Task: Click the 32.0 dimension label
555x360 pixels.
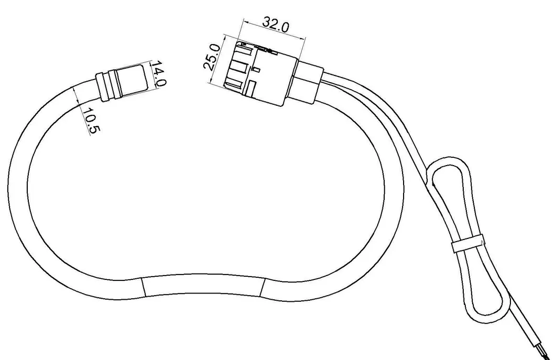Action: click(x=276, y=24)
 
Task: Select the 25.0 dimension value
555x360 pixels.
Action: click(x=211, y=57)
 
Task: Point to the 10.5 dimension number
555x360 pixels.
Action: click(x=90, y=121)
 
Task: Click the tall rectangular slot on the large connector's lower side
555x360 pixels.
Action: click(x=252, y=89)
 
